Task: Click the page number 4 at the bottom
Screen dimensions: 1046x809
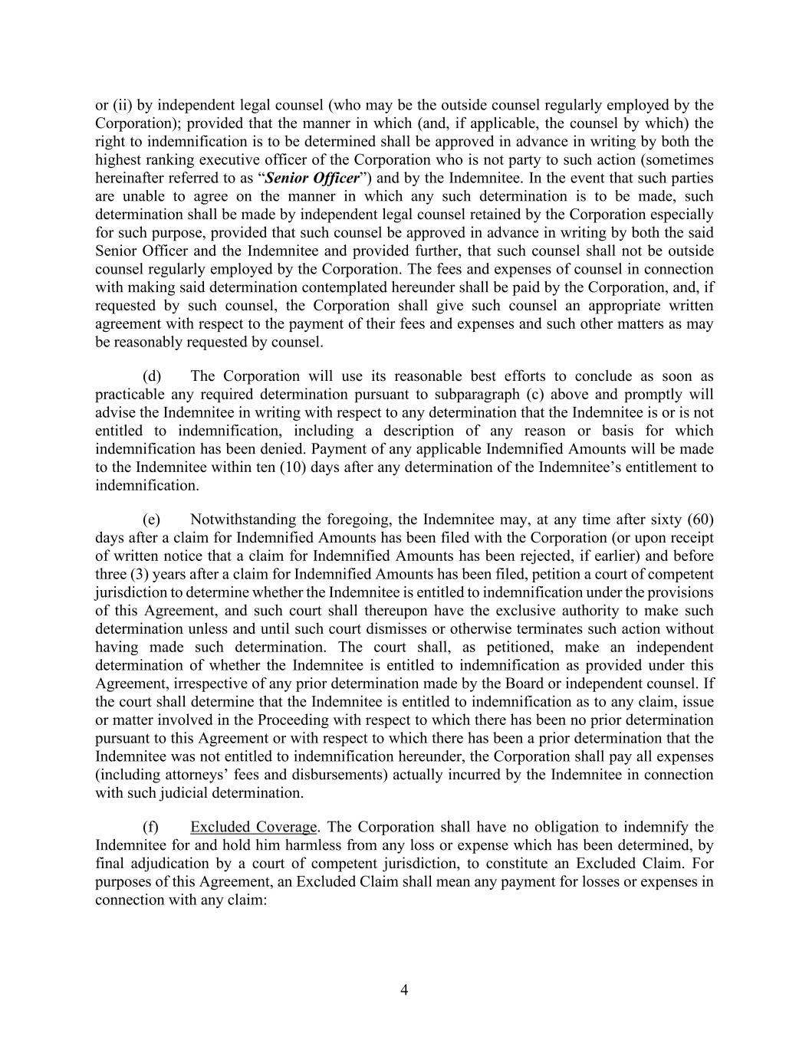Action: coord(404,990)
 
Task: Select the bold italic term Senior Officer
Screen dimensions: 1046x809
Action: coord(311,179)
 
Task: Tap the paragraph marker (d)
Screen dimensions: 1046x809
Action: coord(152,376)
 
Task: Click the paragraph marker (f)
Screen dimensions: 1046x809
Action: coord(151,827)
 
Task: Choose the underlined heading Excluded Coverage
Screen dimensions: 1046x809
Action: coord(253,827)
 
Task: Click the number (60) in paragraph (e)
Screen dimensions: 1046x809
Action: coord(701,520)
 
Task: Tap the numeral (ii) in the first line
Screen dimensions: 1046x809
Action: coord(121,106)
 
